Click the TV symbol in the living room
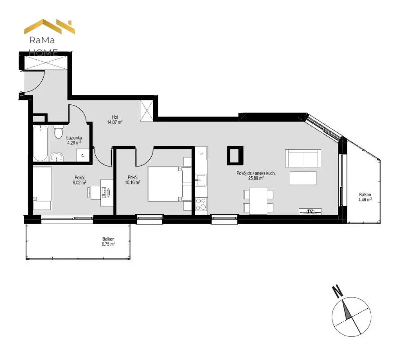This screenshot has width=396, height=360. [x=310, y=211]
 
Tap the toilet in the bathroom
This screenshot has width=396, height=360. [x=58, y=131]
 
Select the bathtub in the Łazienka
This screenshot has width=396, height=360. [x=40, y=143]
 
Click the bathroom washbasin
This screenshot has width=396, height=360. [x=57, y=157]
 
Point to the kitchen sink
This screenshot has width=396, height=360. [x=201, y=180]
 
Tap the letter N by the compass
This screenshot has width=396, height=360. [x=337, y=291]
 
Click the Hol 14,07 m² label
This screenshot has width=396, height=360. [x=115, y=120]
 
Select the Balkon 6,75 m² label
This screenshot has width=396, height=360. [x=108, y=242]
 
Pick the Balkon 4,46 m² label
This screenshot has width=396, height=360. [x=365, y=197]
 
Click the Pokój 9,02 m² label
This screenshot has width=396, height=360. [x=79, y=180]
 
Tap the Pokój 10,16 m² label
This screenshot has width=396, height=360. [x=133, y=180]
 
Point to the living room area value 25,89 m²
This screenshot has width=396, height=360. [x=256, y=178]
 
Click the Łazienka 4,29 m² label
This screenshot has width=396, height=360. [x=74, y=140]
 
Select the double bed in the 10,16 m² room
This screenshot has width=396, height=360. [x=166, y=184]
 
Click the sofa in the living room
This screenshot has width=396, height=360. [x=303, y=158]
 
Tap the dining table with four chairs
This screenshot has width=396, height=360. [x=258, y=201]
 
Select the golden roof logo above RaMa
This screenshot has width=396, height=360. [x=49, y=26]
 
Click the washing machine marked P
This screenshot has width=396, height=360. [x=83, y=155]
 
